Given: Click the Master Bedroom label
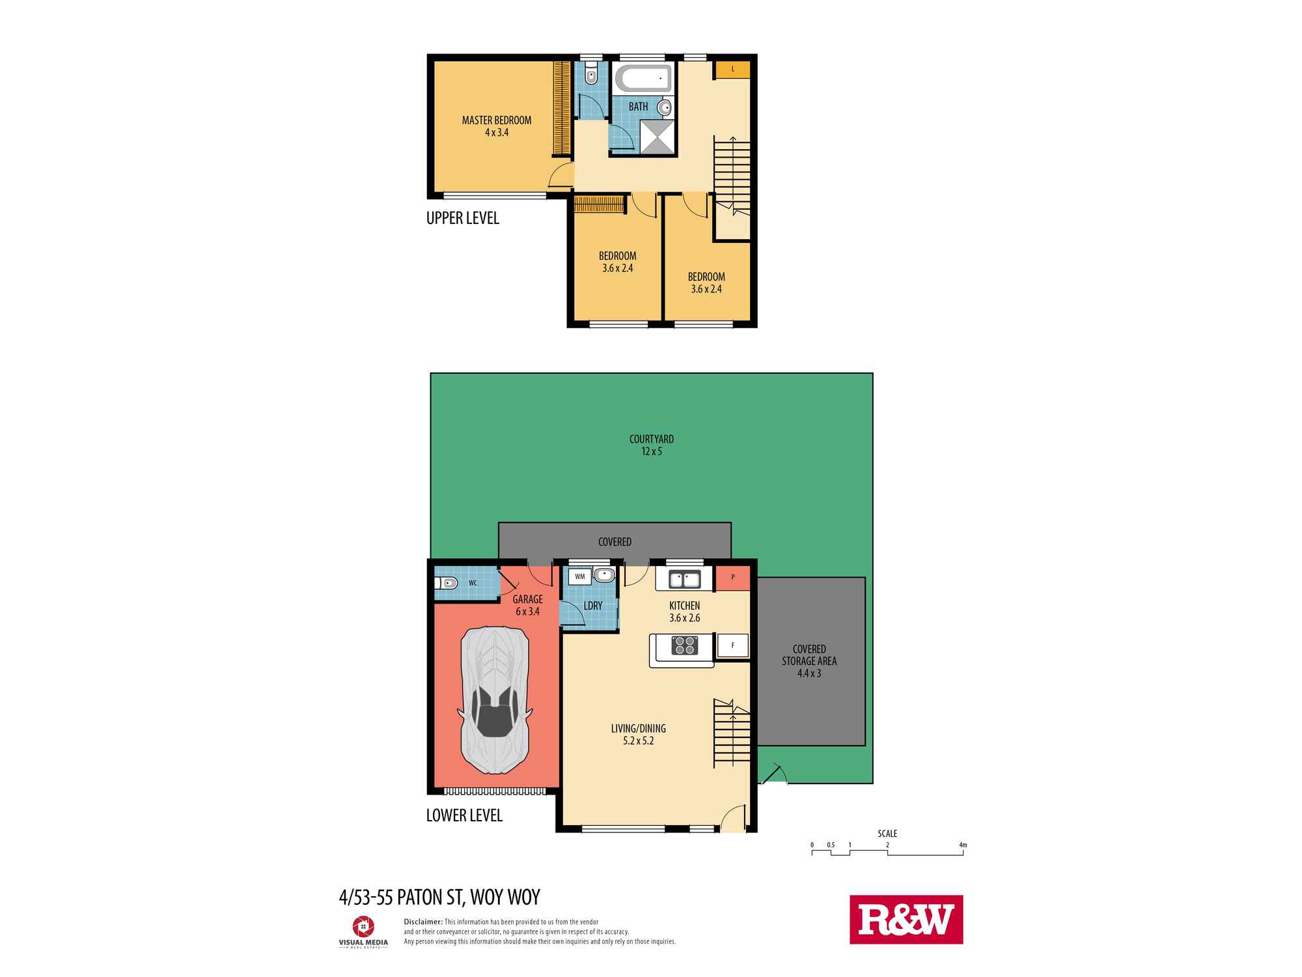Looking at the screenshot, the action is (x=497, y=126).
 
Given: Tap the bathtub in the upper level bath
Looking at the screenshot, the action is (x=643, y=79).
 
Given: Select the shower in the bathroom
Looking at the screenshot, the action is (x=658, y=137).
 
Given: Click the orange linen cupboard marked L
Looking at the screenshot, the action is (x=733, y=69).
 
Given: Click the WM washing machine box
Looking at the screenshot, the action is (x=579, y=576).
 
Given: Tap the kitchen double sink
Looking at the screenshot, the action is (x=678, y=578).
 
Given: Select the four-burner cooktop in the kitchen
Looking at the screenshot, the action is (x=684, y=645).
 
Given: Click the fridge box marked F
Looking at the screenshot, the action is (x=733, y=645).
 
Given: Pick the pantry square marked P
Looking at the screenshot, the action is (x=733, y=577).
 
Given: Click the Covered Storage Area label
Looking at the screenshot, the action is (x=809, y=661).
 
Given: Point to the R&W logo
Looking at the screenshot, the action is (x=906, y=919).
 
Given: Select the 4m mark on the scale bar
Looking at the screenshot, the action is (x=963, y=845).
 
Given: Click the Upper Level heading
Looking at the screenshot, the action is (x=463, y=218).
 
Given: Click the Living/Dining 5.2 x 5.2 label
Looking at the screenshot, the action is (x=638, y=734).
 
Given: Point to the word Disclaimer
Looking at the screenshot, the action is (x=423, y=922).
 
